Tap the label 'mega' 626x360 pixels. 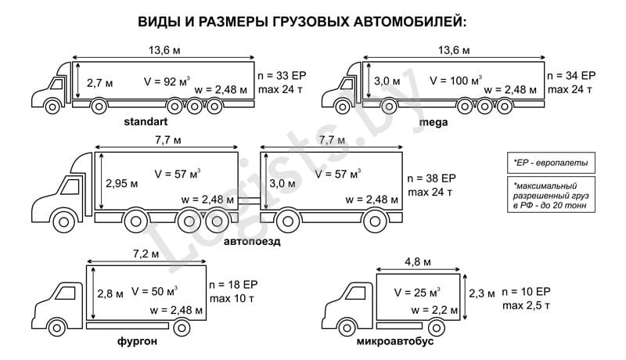[434, 122]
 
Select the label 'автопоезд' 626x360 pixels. [253, 241]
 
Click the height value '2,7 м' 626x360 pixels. [100, 82]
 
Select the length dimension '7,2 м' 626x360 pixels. [145, 254]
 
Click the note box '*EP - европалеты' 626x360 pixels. [550, 164]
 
